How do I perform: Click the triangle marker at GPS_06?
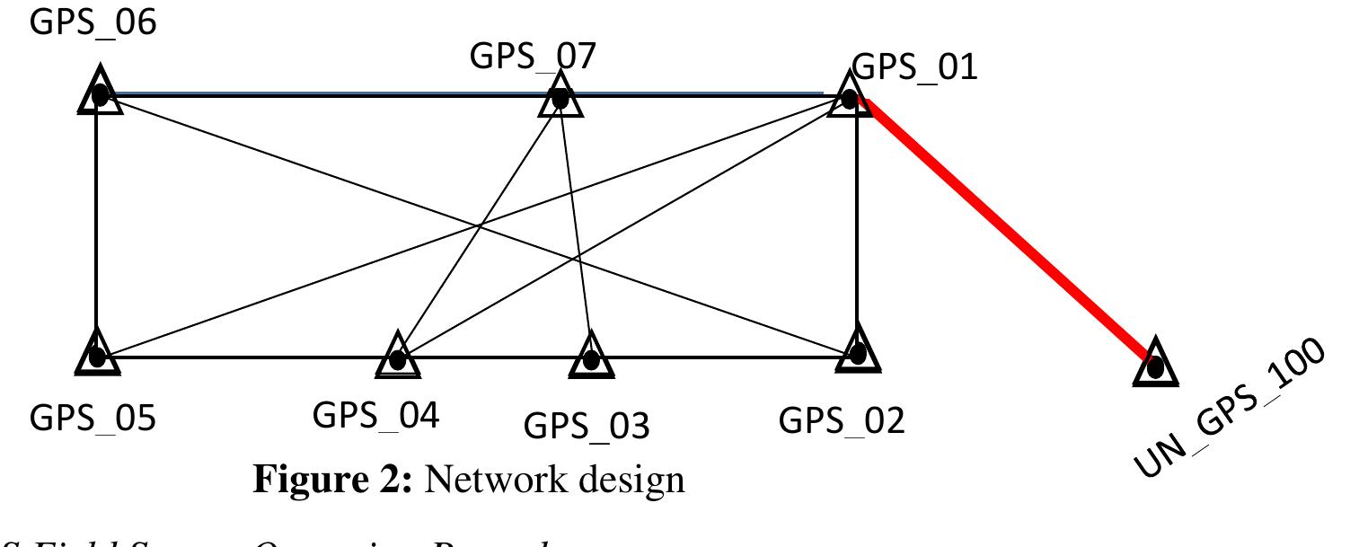[100, 92]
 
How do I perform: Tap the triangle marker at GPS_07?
[560, 95]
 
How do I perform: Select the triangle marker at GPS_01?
[848, 94]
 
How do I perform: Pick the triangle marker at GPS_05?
[96, 354]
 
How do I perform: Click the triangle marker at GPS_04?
[397, 357]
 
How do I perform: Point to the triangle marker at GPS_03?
[591, 357]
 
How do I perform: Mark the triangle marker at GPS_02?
[858, 351]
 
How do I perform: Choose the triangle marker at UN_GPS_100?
[1155, 365]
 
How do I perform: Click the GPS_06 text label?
[93, 22]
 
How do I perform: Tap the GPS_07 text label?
[533, 57]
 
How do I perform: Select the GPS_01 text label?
[914, 66]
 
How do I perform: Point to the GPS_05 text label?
[93, 418]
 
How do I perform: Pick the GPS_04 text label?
[375, 416]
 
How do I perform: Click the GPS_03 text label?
[586, 425]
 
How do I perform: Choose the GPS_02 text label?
[842, 419]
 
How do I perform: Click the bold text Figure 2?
[334, 481]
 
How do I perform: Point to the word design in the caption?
[633, 481]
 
